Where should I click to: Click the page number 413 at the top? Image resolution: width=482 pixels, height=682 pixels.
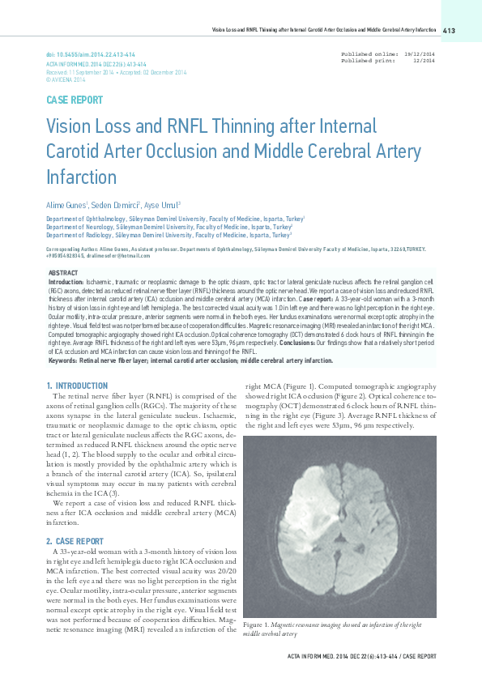[x=450, y=31]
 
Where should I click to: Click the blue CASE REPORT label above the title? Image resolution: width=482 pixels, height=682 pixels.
[x=75, y=100]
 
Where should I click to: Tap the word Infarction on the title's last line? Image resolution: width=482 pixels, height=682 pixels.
[x=81, y=177]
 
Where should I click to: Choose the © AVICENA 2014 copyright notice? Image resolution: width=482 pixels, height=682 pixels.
[x=66, y=80]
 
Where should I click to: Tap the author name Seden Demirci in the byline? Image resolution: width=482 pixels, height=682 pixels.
[x=114, y=206]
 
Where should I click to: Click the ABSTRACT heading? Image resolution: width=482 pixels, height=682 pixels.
[x=64, y=273]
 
